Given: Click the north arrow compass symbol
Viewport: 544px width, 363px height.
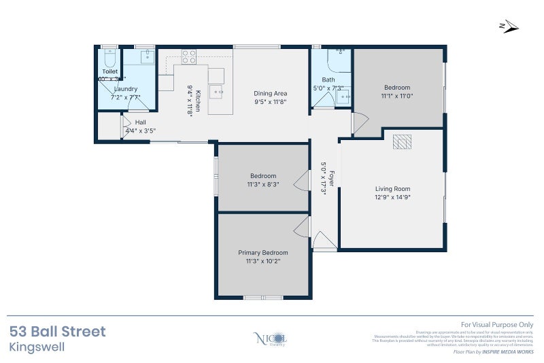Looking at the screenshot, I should pyautogui.click(x=509, y=27).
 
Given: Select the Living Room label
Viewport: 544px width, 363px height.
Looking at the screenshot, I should pyautogui.click(x=392, y=189).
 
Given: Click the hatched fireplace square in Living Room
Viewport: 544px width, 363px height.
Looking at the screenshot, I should pyautogui.click(x=402, y=141).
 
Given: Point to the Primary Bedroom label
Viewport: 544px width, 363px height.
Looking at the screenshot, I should pyautogui.click(x=262, y=252).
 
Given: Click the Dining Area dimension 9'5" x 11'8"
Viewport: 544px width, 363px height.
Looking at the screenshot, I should pyautogui.click(x=270, y=102).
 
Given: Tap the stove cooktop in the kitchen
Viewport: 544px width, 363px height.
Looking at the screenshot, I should pyautogui.click(x=188, y=56).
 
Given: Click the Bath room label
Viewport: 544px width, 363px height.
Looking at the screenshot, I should pyautogui.click(x=328, y=80).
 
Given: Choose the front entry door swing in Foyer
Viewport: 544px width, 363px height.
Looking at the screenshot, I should pyautogui.click(x=324, y=241).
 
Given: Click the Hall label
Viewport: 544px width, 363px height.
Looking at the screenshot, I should pyautogui.click(x=141, y=122).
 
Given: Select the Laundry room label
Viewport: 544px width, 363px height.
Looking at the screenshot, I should pyautogui.click(x=126, y=88).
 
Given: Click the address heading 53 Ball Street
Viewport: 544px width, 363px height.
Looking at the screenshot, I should pyautogui.click(x=58, y=332).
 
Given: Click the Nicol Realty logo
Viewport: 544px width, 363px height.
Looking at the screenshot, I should pyautogui.click(x=271, y=338).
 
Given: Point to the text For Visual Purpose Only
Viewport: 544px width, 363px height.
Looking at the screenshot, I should pyautogui.click(x=498, y=325).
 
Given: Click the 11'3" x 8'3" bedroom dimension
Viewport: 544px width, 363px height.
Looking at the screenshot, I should pyautogui.click(x=262, y=184).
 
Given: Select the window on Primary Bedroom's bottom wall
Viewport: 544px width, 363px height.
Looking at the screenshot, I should pyautogui.click(x=263, y=297).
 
